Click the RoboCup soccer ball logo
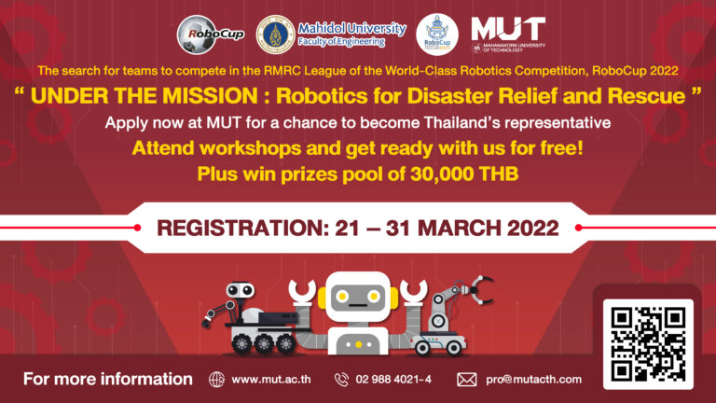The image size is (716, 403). point(211,35)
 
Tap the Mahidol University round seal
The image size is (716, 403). point(275,35)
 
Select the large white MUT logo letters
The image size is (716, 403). point(508,28)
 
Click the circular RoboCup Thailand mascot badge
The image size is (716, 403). point(437,35)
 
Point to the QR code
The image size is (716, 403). point(648,344)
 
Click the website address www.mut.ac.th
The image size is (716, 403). point(271,380)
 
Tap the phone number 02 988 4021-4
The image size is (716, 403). point(393,380)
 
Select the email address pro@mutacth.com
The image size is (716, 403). point(533,380)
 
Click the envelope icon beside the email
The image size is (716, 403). point(467,380)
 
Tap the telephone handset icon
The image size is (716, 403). point(341,380)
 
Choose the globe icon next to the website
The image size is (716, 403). point(217,380)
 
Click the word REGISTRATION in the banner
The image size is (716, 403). point(243,228)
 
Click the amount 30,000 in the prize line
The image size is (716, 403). point(442,174)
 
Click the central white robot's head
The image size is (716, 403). point(358,297)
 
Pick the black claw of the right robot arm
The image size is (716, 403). point(480,290)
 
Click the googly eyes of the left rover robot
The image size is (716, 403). point(241,289)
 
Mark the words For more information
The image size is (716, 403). point(108,379)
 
